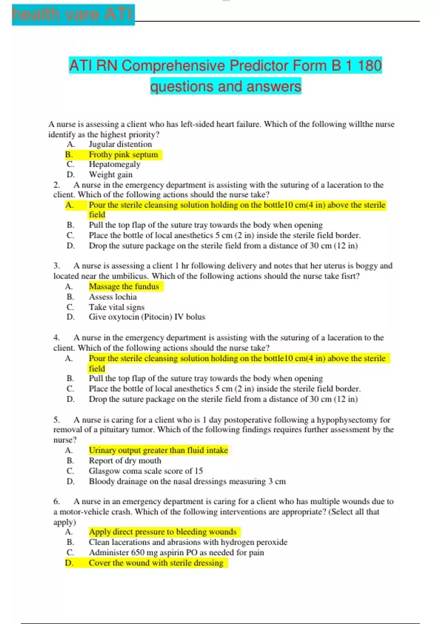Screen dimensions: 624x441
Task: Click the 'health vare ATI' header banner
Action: click(x=73, y=15)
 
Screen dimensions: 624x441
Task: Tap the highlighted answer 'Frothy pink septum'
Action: click(x=123, y=155)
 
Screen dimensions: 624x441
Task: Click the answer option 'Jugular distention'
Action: click(x=120, y=144)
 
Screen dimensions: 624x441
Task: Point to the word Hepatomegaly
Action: click(x=114, y=164)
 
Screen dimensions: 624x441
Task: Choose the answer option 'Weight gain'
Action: click(x=110, y=175)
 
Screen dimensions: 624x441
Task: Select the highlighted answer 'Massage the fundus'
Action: click(x=124, y=286)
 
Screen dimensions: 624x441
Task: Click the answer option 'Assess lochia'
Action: click(x=112, y=297)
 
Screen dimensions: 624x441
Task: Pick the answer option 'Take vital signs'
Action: click(x=116, y=307)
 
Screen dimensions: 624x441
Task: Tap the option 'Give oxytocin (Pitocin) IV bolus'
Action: click(x=147, y=317)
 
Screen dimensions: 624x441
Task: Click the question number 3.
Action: click(x=57, y=266)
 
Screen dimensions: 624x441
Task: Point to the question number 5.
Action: click(x=57, y=420)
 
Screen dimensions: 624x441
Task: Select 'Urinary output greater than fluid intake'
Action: click(x=158, y=450)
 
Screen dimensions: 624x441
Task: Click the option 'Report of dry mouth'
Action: click(x=125, y=461)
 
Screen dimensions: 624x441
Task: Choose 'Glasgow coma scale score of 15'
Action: click(x=146, y=471)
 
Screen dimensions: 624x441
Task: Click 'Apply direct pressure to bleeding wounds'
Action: click(x=162, y=532)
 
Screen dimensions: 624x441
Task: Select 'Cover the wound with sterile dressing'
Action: click(x=156, y=563)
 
